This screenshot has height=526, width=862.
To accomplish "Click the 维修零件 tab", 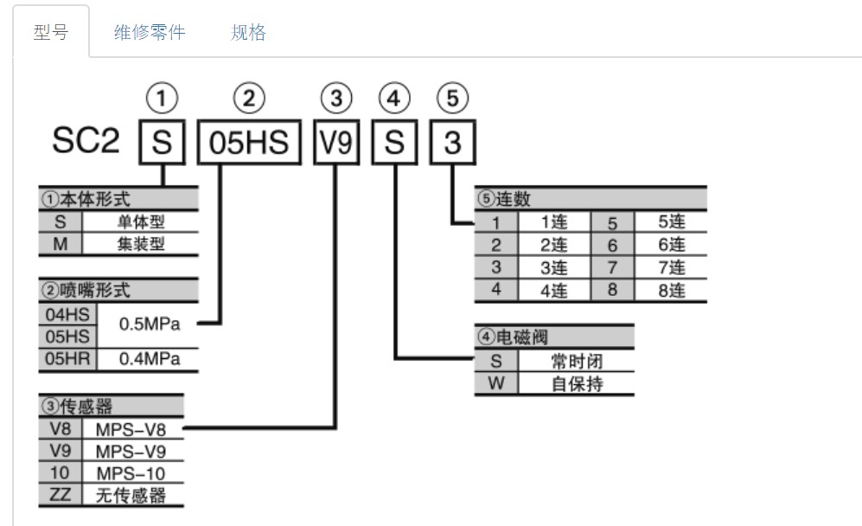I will pyautogui.click(x=150, y=33).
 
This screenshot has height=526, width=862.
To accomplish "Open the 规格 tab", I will pyautogui.click(x=249, y=33).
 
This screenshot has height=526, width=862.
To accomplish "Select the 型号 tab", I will pyautogui.click(x=50, y=33).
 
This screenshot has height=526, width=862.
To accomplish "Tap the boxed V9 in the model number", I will pyautogui.click(x=335, y=144).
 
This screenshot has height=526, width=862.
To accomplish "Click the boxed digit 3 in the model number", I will pyautogui.click(x=452, y=144).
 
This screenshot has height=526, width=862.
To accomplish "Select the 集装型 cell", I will pyautogui.click(x=141, y=244).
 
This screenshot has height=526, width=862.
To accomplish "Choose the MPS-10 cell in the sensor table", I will pyautogui.click(x=131, y=473).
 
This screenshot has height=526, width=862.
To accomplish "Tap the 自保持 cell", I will pyautogui.click(x=577, y=384).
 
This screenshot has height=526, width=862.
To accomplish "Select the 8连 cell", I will pyautogui.click(x=671, y=291).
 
